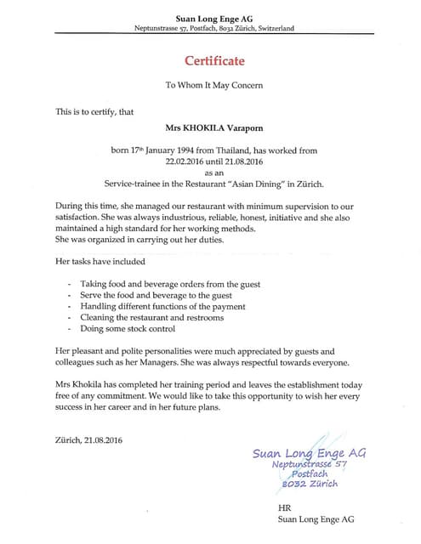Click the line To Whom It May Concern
[213, 86]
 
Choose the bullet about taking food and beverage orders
[170, 283]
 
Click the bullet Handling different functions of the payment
[162, 306]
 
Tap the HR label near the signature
[285, 507]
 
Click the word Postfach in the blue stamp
[310, 473]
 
